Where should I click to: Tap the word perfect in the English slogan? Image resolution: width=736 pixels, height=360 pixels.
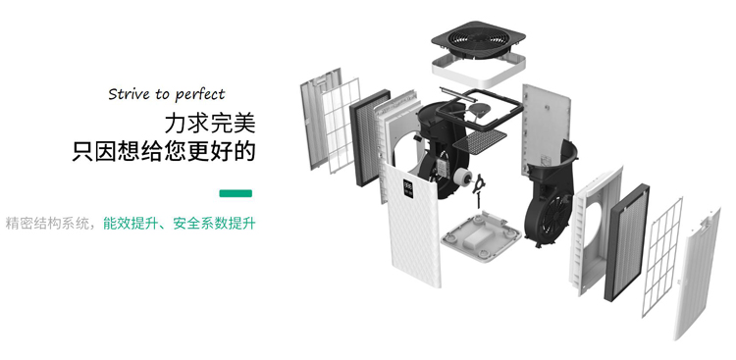point(200,95)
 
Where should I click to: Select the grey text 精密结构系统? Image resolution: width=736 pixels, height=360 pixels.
point(48,224)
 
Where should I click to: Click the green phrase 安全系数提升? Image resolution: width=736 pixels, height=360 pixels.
point(214,224)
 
